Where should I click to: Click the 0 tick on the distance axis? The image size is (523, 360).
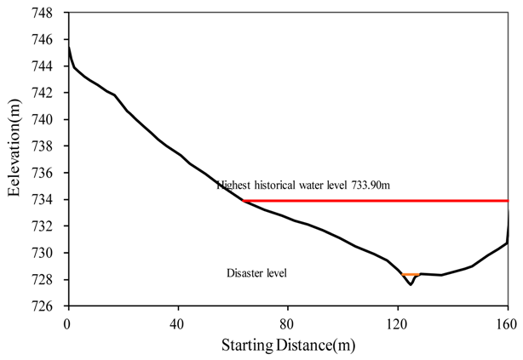point(67,323)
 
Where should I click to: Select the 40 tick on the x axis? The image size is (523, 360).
point(178,323)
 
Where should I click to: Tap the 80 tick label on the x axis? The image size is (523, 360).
point(288,323)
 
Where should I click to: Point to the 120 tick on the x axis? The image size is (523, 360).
point(398,323)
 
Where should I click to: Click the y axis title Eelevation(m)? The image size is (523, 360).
point(16,159)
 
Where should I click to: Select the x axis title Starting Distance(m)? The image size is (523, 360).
point(288,345)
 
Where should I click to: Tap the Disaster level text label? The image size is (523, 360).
point(257,273)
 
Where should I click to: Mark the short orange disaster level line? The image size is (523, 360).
point(411,274)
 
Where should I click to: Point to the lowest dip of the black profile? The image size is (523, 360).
point(411,284)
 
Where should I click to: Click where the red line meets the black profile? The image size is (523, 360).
point(244,201)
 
